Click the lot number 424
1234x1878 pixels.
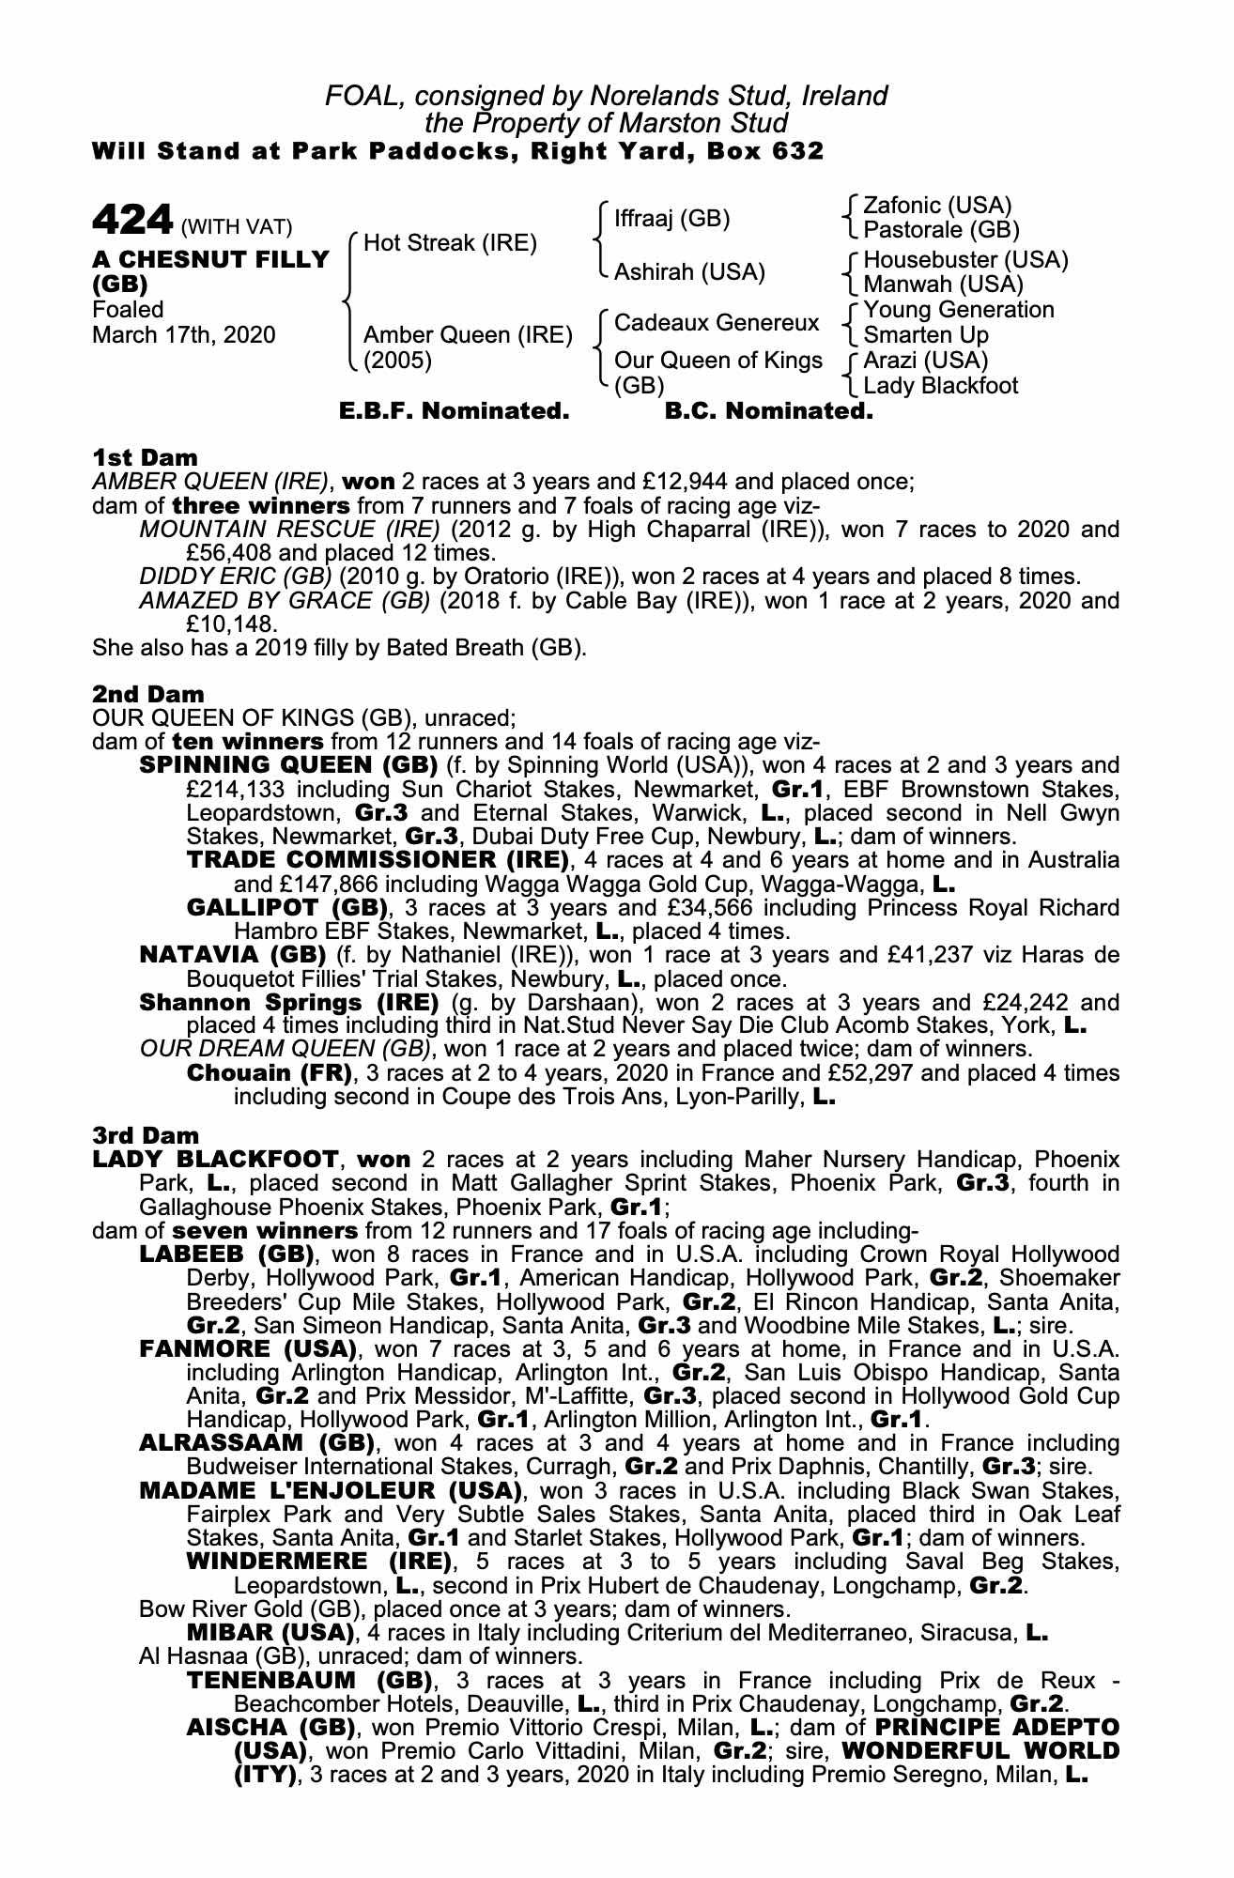click(x=131, y=221)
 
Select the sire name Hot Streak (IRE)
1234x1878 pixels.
click(x=450, y=243)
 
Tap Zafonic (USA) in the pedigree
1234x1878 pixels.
click(x=937, y=206)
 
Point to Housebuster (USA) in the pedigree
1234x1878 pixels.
click(x=965, y=260)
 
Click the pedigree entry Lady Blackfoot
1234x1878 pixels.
click(x=940, y=385)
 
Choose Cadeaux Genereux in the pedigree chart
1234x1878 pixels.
click(x=717, y=323)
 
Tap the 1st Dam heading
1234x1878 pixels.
click(x=146, y=458)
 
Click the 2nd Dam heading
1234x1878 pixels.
click(x=148, y=695)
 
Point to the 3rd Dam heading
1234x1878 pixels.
click(x=147, y=1135)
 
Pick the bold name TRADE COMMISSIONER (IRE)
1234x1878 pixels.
click(x=378, y=860)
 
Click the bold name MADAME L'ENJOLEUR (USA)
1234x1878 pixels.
click(x=330, y=1490)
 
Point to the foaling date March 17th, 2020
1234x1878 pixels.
click(x=184, y=335)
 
